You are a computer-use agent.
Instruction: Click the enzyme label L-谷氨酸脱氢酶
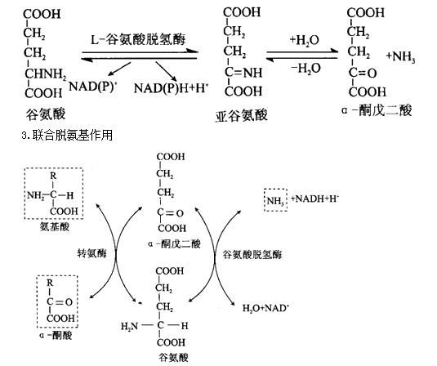[x=138, y=40]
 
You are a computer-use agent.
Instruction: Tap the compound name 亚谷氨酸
[x=241, y=115]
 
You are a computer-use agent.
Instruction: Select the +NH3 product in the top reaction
[x=400, y=57]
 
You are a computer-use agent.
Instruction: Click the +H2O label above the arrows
[x=304, y=40]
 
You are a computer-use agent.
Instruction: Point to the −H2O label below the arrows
[x=305, y=69]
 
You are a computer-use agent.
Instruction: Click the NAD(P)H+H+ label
[x=171, y=88]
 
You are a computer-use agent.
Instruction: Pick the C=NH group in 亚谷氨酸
[x=243, y=73]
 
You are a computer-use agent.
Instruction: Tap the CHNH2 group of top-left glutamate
[x=46, y=74]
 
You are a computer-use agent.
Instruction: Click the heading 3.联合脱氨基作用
[x=67, y=136]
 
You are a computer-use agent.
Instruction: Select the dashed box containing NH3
[x=275, y=200]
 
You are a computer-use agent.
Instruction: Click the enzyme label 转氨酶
[x=91, y=253]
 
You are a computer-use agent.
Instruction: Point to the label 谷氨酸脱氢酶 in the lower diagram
[x=252, y=255]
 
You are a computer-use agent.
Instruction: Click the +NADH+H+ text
[x=314, y=199]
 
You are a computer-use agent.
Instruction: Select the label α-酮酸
[x=56, y=335]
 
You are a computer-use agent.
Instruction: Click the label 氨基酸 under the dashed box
[x=55, y=227]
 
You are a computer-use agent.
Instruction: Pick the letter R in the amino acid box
[x=53, y=176]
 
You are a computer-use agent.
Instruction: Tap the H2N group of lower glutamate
[x=129, y=326]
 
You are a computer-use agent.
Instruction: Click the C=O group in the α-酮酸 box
[x=60, y=302]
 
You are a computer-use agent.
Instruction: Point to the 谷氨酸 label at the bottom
[x=173, y=357]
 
